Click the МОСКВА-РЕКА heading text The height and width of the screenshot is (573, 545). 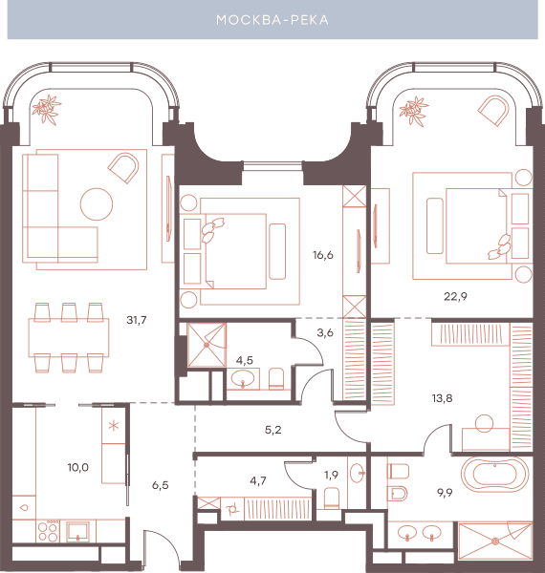(x=272, y=20)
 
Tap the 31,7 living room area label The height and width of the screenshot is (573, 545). (x=137, y=320)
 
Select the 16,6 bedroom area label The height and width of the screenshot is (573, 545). (x=323, y=255)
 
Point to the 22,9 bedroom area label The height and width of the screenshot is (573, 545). (x=455, y=296)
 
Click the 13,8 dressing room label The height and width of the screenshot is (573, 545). (x=443, y=398)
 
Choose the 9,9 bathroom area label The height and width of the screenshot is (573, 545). (x=445, y=493)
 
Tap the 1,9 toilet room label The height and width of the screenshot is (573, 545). (x=331, y=475)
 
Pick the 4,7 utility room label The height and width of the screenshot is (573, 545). (x=258, y=481)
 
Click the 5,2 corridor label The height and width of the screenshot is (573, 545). (x=273, y=430)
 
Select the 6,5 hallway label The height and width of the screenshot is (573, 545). (x=161, y=485)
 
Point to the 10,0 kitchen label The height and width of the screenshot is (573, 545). (x=77, y=467)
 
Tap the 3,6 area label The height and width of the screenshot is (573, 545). (x=325, y=333)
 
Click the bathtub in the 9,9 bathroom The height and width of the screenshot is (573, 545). (x=494, y=475)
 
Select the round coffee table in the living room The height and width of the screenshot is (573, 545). (x=97, y=204)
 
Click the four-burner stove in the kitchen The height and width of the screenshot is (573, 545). (x=48, y=531)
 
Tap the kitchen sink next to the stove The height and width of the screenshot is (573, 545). (x=77, y=532)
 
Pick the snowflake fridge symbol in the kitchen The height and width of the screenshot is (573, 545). (x=114, y=425)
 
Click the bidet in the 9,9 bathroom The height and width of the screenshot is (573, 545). (x=399, y=494)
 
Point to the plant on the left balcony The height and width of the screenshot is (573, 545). (x=46, y=109)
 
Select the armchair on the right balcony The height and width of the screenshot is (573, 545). (x=493, y=111)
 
